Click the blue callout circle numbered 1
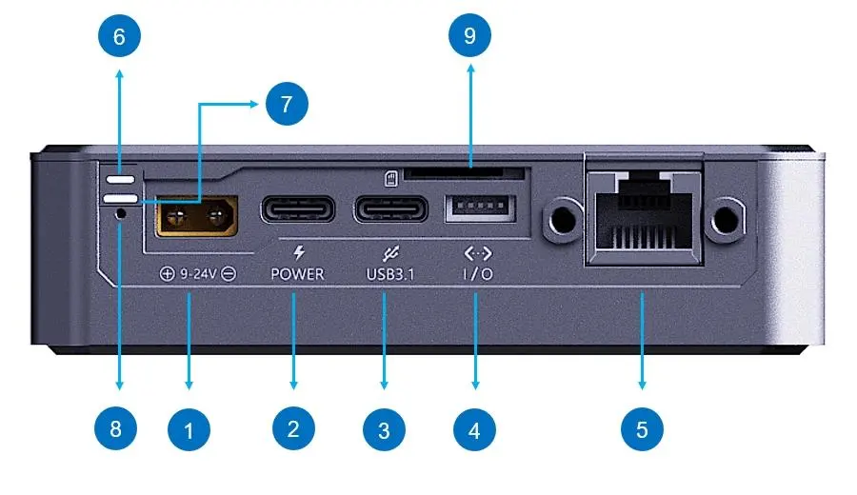click(189, 430)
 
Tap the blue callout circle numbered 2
click(292, 430)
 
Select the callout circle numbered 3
click(384, 430)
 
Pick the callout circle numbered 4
click(475, 430)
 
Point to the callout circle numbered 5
click(642, 430)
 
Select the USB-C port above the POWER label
click(297, 208)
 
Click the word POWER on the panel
click(297, 274)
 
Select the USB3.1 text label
click(392, 274)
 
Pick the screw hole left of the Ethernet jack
click(564, 220)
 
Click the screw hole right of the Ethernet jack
click(728, 220)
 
